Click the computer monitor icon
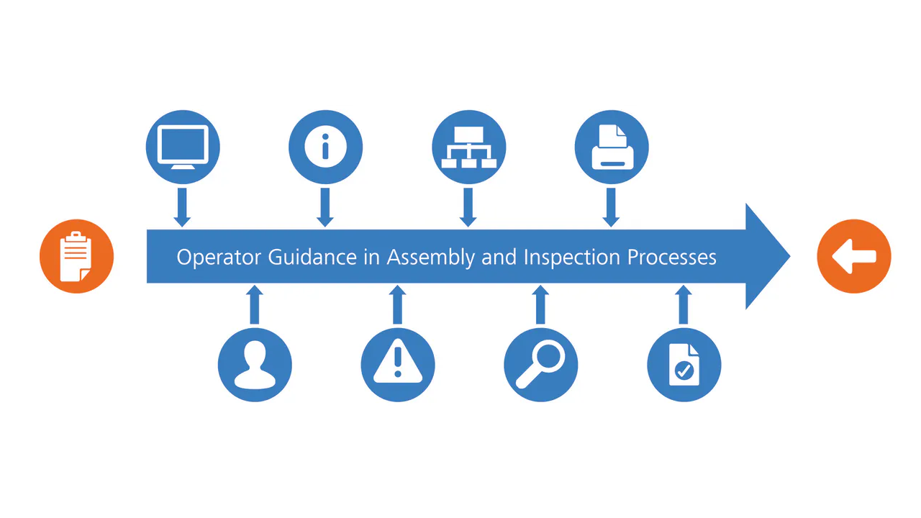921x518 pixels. (182, 147)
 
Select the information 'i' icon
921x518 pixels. (325, 147)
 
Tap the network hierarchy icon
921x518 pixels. (468, 147)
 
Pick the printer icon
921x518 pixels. (612, 147)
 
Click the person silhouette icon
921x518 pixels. (255, 365)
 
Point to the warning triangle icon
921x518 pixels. (397, 365)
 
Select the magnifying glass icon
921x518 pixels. (540, 365)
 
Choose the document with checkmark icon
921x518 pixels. (684, 365)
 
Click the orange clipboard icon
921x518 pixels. (76, 256)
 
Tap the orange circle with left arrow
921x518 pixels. (854, 256)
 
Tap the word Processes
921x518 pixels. (672, 257)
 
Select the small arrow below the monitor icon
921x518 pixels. (182, 207)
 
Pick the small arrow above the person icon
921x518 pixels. (253, 304)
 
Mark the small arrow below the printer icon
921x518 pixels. (611, 207)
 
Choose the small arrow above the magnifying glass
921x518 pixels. (540, 304)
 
